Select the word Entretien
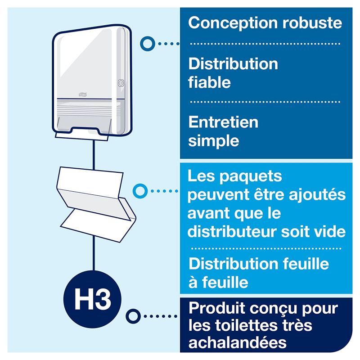[223, 122]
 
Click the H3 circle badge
[92, 297]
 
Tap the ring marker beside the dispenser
[146, 43]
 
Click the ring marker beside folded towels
[141, 190]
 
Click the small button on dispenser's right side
[120, 83]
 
